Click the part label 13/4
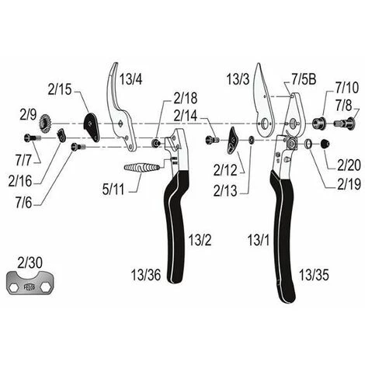[x=130, y=79]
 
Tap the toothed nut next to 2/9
[x=45, y=123]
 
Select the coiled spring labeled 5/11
[x=141, y=168]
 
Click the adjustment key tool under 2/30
[x=30, y=283]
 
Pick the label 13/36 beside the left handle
[x=146, y=275]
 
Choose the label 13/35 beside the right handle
[x=314, y=275]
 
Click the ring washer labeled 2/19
[x=308, y=144]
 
